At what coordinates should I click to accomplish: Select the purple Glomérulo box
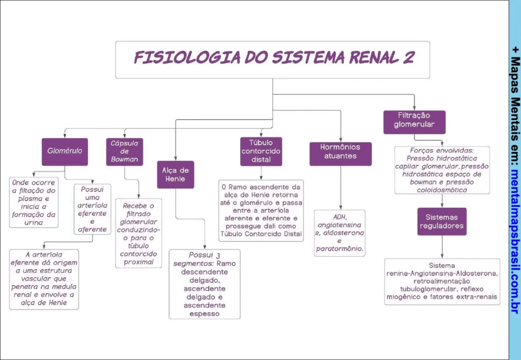[65, 151]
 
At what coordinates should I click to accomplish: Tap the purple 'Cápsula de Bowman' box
[125, 151]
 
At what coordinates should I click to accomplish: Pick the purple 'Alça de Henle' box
[176, 175]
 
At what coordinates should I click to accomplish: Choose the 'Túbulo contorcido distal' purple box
[261, 151]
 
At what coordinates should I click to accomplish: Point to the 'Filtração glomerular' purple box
[414, 122]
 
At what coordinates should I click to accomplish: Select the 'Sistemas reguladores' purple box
[442, 221]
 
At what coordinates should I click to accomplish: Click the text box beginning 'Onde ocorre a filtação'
[34, 202]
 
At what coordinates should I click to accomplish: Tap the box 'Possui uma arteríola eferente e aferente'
[92, 209]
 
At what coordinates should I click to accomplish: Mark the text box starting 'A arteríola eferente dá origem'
[44, 279]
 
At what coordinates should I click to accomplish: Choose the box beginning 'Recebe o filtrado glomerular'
[138, 233]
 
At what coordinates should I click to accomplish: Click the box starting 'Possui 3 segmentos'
[205, 284]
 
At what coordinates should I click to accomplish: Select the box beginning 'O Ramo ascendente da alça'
[261, 210]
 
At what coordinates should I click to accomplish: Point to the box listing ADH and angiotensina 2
[339, 233]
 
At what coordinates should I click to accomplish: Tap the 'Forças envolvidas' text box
[442, 170]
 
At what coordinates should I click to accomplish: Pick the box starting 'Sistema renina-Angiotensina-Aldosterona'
[442, 281]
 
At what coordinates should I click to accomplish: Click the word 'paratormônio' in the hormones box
[339, 250]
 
